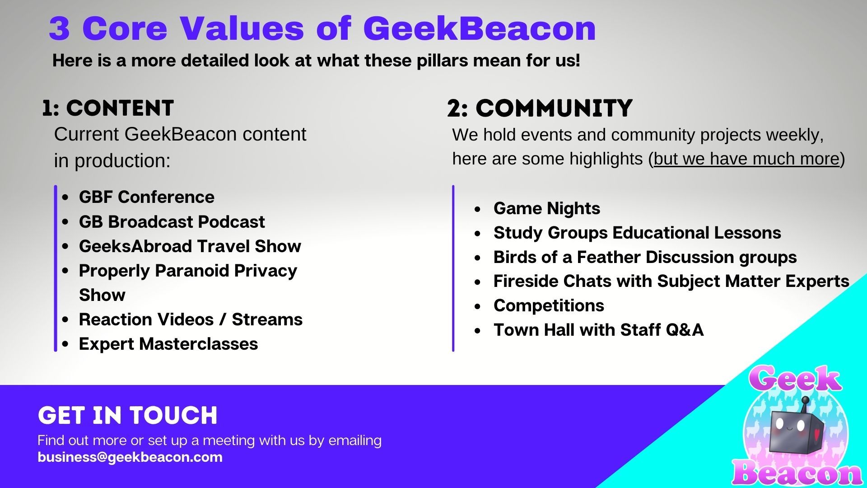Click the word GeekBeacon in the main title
pos(480,28)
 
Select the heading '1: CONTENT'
pos(108,108)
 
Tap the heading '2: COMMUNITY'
pos(540,108)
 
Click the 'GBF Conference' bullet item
pos(147,197)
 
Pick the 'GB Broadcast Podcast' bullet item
pos(172,222)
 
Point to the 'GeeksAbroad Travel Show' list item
pos(190,246)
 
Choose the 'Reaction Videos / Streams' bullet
pos(191,319)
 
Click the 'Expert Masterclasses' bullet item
pos(168,344)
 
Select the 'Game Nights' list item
pos(547,208)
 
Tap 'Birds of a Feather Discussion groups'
pos(645,257)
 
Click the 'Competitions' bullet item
pos(549,306)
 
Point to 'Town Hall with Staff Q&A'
pos(599,330)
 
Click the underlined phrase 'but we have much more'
pos(746,159)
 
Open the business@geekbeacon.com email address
pos(130,457)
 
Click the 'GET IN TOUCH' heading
pos(128,416)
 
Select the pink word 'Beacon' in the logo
pos(797,474)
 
